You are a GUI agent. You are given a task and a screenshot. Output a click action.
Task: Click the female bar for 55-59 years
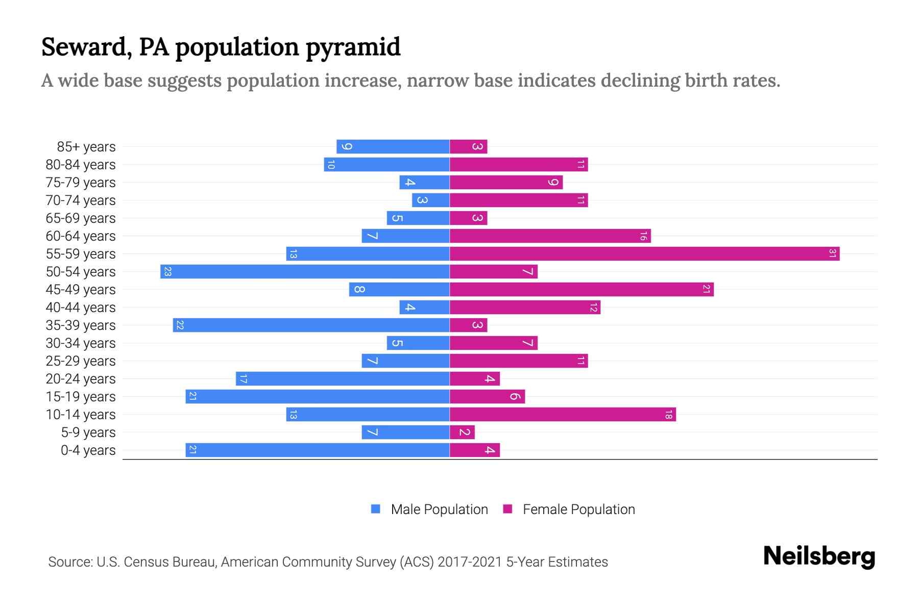(644, 253)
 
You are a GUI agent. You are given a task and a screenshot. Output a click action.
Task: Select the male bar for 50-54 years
(305, 271)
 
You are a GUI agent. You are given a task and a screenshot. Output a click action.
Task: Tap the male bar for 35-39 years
(311, 325)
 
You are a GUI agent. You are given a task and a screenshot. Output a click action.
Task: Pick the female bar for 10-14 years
(563, 414)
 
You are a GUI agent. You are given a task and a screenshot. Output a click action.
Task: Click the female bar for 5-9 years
(462, 432)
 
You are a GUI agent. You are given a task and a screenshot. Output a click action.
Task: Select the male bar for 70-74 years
(430, 200)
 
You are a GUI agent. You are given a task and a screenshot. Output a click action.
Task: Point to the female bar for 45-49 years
(582, 289)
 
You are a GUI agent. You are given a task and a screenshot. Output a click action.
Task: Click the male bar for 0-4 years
(317, 450)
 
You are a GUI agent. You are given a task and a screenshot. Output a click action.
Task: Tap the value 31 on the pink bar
(832, 253)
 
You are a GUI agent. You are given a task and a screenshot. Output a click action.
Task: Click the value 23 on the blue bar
(167, 271)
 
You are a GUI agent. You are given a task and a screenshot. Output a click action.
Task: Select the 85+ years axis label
(86, 147)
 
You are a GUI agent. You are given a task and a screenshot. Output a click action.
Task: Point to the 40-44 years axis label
(81, 308)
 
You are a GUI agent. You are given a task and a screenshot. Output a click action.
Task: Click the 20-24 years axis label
(81, 379)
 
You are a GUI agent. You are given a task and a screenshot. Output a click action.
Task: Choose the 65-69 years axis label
(81, 218)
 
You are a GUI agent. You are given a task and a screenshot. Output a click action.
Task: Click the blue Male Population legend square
(376, 509)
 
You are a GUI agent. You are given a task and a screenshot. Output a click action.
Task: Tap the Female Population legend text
(578, 509)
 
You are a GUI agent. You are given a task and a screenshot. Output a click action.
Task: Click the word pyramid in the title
(353, 47)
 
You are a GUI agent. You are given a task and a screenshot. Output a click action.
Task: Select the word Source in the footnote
(70, 562)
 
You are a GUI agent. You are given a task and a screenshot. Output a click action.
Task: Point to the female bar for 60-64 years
(550, 236)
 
